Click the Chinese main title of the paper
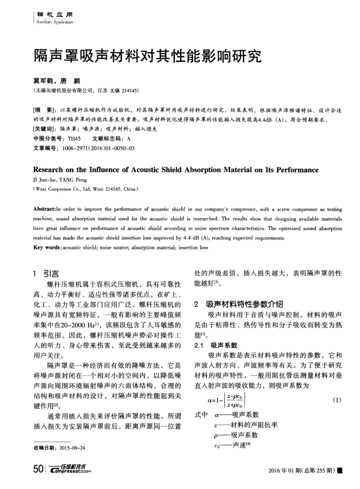coord(147,56)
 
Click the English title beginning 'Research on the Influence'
coord(175,170)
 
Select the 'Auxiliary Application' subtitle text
coord(53,23)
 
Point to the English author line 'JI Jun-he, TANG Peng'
coord(58,180)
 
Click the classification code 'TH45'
coord(74,138)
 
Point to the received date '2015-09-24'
coord(72,447)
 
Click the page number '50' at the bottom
coord(38,469)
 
